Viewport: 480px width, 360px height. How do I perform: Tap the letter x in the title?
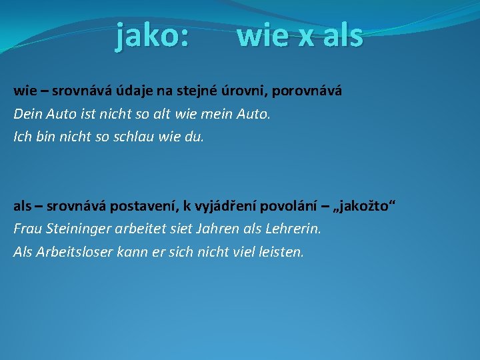tap(306, 36)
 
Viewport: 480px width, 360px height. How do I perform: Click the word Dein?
tap(27, 114)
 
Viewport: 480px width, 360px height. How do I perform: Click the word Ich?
tap(22, 137)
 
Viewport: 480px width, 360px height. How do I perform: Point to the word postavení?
tap(144, 206)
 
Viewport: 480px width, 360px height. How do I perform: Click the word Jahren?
tap(223, 229)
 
